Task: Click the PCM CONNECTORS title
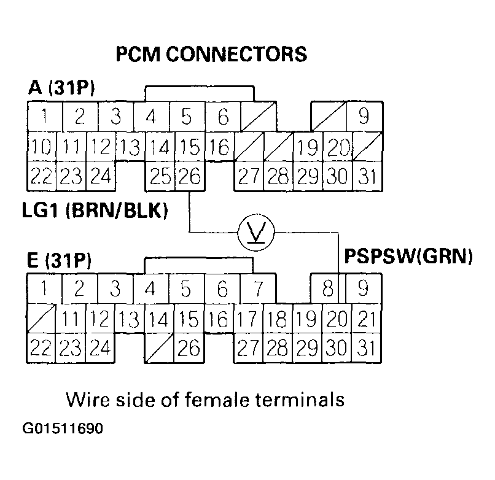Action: point(211,54)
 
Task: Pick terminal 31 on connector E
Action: point(366,347)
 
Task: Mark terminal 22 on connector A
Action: point(42,177)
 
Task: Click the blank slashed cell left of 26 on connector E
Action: point(159,347)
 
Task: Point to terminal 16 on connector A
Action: point(219,147)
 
